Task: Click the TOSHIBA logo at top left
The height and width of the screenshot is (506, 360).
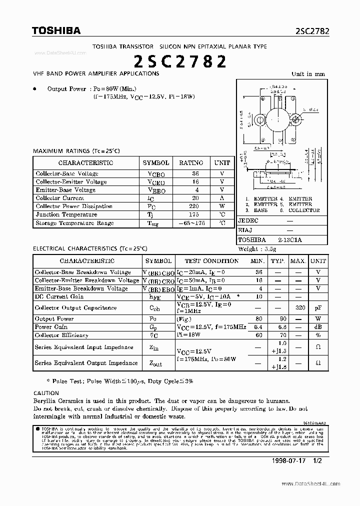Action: click(x=56, y=31)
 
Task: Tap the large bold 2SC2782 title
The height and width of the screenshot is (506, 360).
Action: click(x=180, y=61)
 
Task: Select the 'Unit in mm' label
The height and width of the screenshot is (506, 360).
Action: click(x=308, y=74)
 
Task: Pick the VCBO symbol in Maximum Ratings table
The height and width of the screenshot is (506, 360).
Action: click(x=156, y=174)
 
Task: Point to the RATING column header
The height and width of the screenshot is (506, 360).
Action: click(x=191, y=162)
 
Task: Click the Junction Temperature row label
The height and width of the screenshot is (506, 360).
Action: click(x=66, y=214)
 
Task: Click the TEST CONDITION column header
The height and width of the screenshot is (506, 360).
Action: click(x=211, y=260)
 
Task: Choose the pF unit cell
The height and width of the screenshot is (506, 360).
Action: click(x=318, y=308)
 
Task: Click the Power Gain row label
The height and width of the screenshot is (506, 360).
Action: click(x=50, y=327)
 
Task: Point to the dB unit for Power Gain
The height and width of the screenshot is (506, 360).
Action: click(x=318, y=327)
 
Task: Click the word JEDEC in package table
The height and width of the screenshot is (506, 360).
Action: click(x=248, y=220)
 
